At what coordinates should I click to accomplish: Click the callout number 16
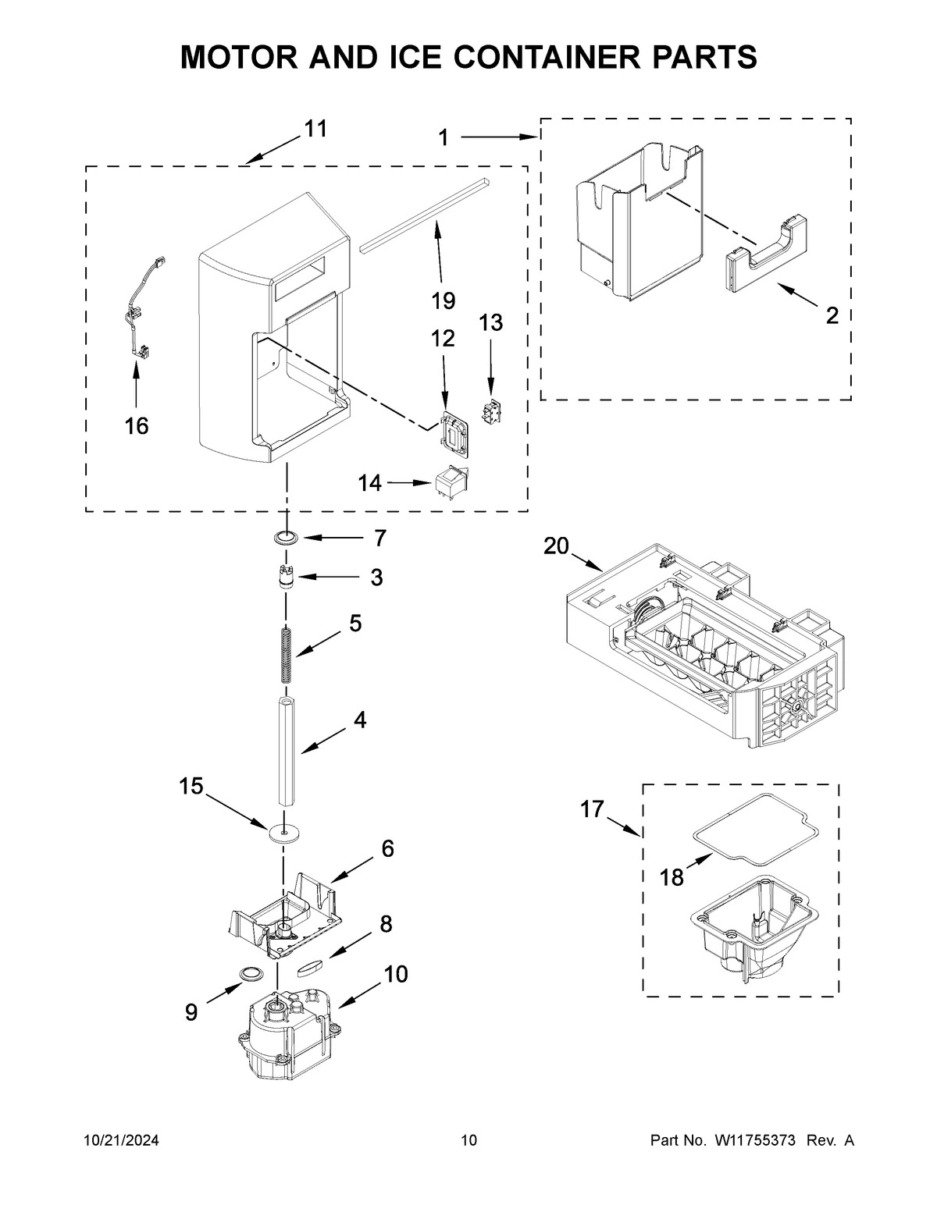[x=136, y=426]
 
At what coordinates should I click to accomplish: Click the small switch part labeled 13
[x=491, y=410]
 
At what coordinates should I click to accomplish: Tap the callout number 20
[x=556, y=547]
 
